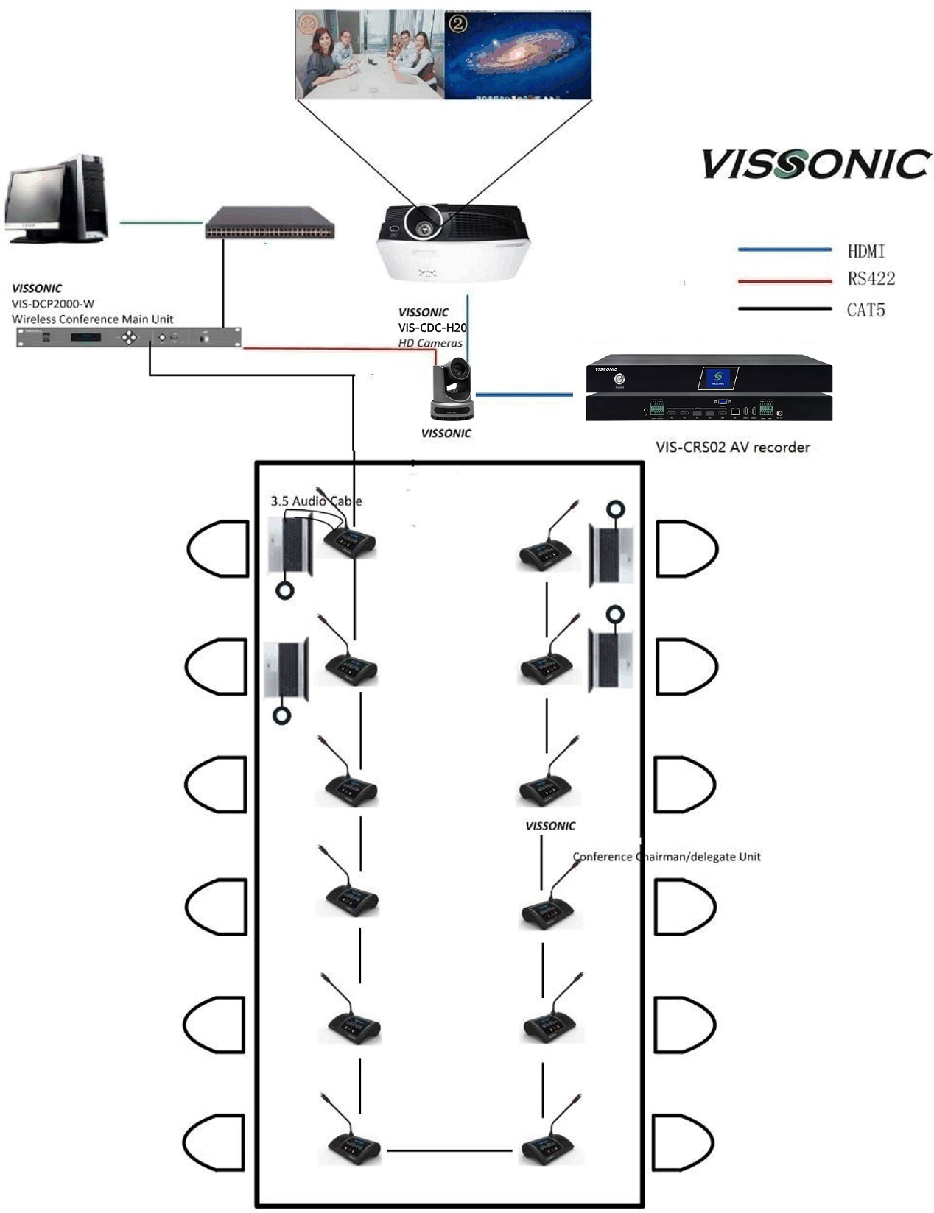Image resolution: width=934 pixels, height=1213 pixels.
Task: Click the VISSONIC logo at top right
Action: point(815,163)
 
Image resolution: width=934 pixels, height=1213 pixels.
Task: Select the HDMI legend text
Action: point(865,252)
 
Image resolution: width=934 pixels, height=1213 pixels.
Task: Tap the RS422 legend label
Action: point(871,279)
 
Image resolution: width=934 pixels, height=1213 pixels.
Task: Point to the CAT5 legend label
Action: point(865,310)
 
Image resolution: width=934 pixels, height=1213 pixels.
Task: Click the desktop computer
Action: point(57,198)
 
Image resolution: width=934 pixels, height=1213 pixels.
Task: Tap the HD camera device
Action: point(452,388)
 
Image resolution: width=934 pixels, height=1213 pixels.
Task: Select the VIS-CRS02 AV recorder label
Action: point(732,447)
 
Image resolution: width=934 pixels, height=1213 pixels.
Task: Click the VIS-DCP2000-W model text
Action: point(53,303)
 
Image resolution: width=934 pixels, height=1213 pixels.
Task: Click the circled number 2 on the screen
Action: point(458,24)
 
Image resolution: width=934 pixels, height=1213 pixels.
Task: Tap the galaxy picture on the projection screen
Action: point(517,55)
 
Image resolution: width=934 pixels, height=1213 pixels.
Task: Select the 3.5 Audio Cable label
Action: point(316,501)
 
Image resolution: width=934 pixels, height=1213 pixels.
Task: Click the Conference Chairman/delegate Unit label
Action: point(667,857)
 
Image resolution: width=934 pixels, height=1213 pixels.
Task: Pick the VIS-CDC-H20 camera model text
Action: point(432,328)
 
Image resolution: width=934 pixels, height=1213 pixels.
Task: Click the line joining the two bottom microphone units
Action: point(449,1150)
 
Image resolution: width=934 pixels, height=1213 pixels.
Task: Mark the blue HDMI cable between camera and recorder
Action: point(524,395)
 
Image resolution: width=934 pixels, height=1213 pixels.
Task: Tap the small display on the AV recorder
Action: point(717,378)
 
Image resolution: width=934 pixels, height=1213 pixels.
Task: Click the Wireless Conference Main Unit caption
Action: point(92,319)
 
